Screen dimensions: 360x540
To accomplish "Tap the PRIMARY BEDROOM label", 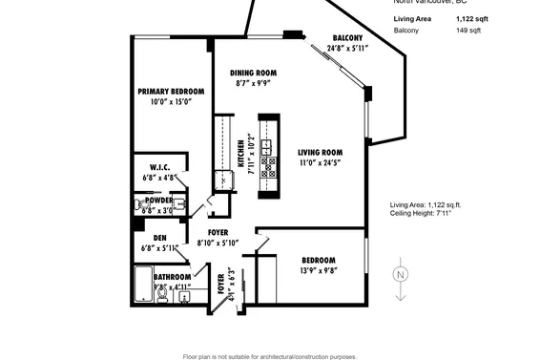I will (x=171, y=92).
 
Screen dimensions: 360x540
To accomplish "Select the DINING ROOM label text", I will (x=253, y=74).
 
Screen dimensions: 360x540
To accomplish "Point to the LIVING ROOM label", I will (x=319, y=152).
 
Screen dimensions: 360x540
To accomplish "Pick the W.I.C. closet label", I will (x=157, y=167).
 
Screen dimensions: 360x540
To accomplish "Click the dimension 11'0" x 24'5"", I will (x=319, y=162).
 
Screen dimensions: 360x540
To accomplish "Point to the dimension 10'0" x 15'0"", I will (x=171, y=101).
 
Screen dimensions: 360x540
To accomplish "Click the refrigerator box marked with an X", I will (x=224, y=179).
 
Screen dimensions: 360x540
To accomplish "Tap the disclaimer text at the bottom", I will (x=270, y=355).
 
